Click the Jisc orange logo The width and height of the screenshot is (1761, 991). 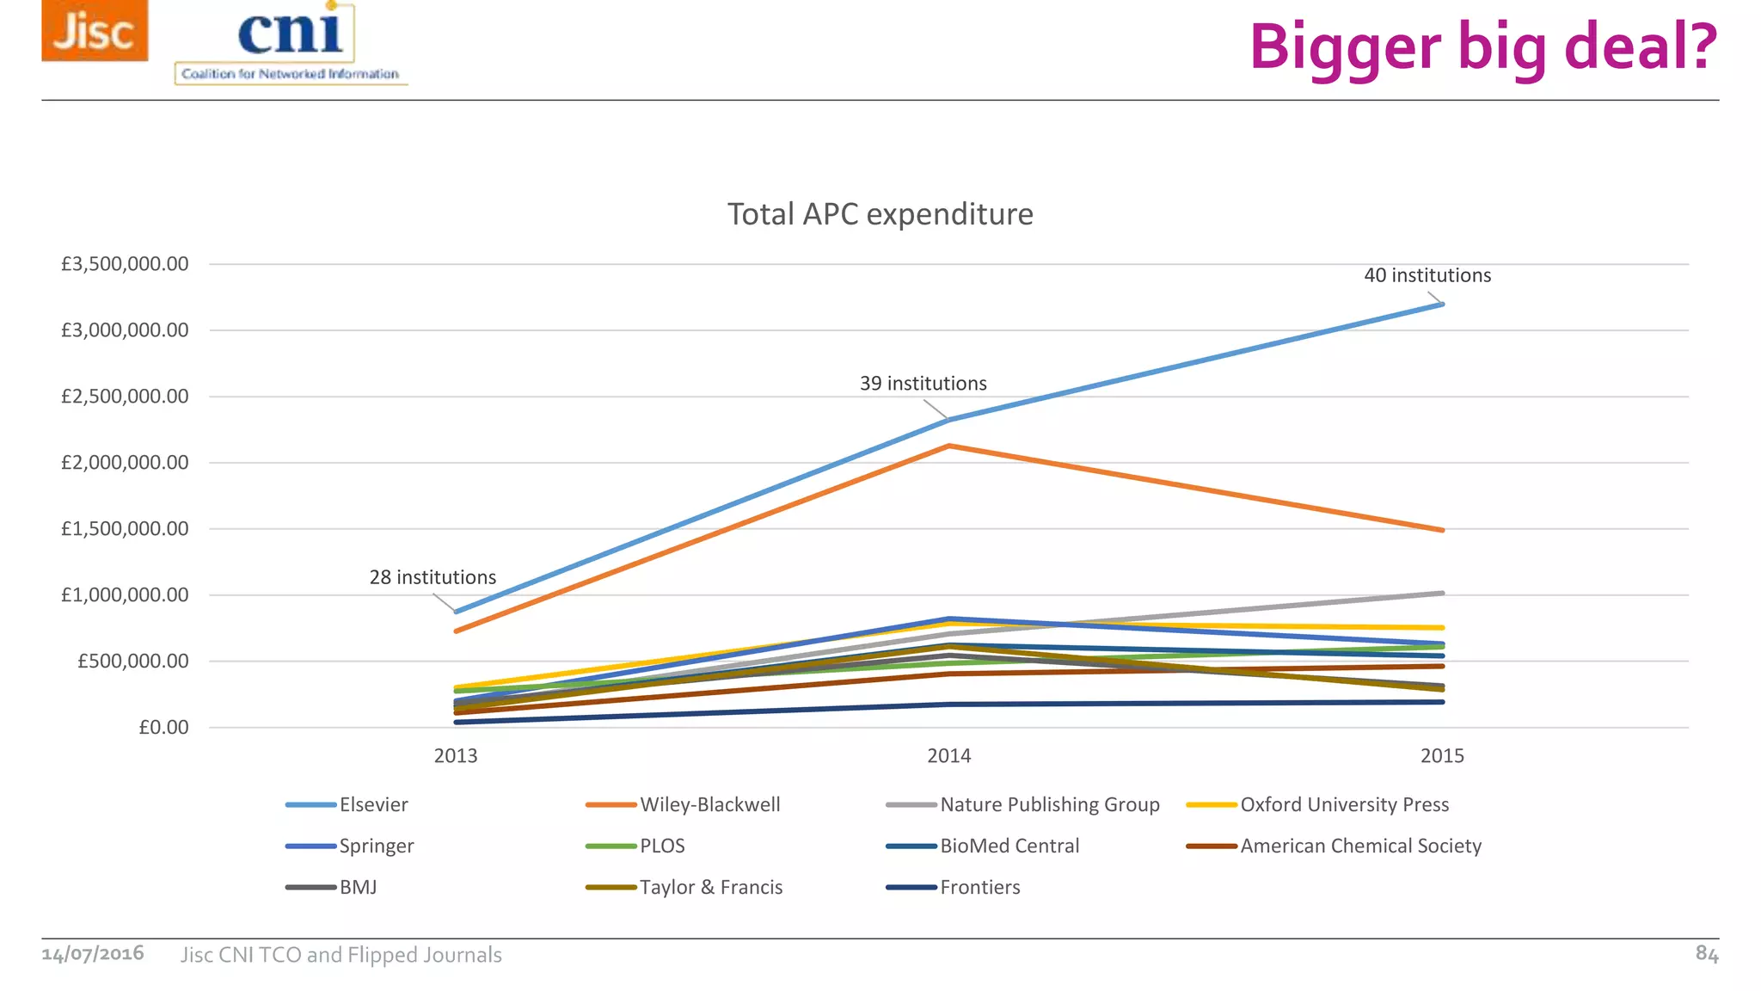[x=95, y=31]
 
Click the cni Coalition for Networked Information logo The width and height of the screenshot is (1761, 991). [x=290, y=44]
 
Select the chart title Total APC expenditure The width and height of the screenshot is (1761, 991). [x=880, y=214]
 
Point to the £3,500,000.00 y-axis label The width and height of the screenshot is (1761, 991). [x=125, y=264]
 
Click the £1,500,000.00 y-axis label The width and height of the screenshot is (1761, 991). [x=125, y=529]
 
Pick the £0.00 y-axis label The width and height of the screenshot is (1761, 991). [x=163, y=728]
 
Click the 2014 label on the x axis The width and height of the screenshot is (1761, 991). [x=948, y=756]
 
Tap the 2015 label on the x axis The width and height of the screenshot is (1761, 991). [x=1442, y=756]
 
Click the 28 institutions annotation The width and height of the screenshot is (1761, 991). [x=433, y=577]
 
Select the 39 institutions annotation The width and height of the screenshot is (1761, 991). [x=923, y=384]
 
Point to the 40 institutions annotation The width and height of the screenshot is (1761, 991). [x=1427, y=275]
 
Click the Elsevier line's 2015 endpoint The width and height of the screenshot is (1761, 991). [x=1442, y=305]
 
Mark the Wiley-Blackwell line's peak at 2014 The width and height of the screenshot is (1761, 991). [x=948, y=446]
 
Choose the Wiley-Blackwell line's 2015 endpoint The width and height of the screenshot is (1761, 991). [x=1442, y=530]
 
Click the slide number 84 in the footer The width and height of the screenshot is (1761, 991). [x=1706, y=953]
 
